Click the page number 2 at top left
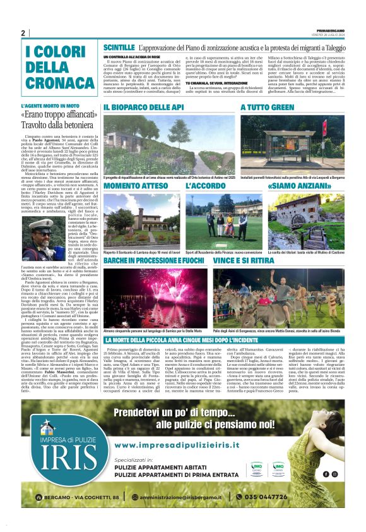coord(23,33)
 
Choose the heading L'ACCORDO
coord(205,186)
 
